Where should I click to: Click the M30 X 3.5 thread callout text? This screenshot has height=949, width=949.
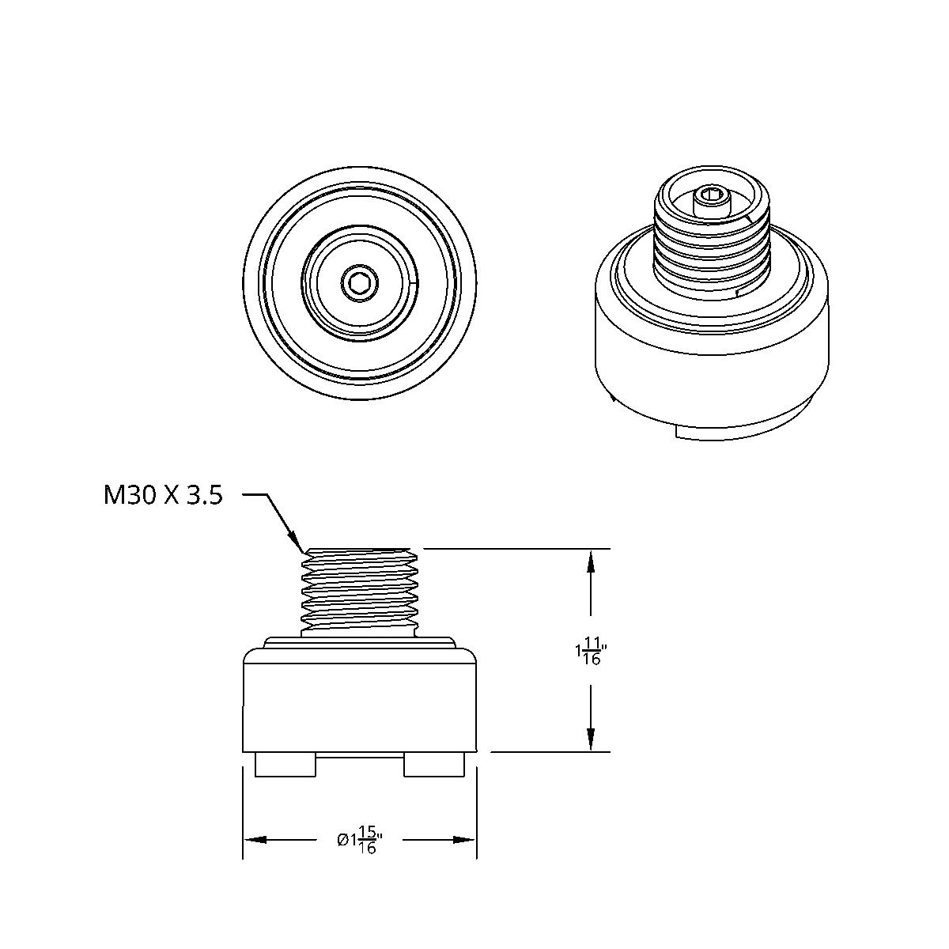163,496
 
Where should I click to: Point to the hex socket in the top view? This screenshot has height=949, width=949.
360,282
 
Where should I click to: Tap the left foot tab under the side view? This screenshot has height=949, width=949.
285,765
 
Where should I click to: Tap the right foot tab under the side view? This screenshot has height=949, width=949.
433,765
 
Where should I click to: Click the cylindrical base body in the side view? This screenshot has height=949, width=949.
360,708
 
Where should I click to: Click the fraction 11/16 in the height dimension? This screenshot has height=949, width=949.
592,652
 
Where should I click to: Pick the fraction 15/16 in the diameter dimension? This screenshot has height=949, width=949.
367,840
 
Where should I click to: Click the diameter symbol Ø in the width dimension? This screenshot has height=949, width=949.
342,840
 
